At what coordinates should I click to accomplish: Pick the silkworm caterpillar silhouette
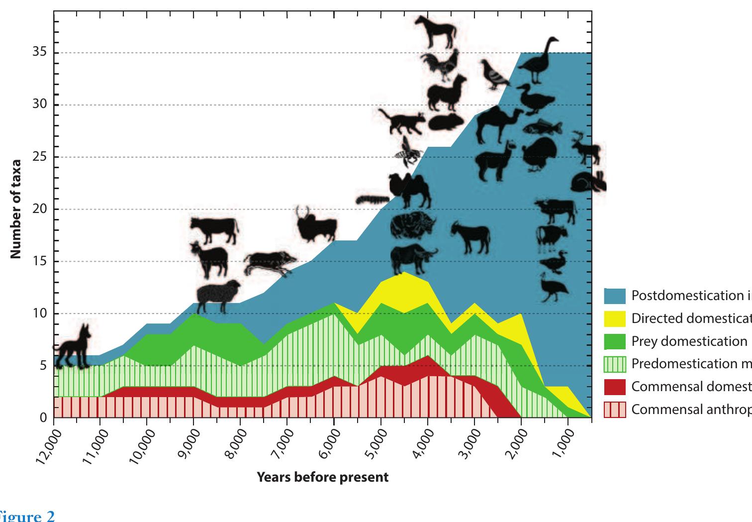coord(372,200)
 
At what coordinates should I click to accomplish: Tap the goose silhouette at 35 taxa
coord(540,60)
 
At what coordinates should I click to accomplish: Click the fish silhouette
coord(542,128)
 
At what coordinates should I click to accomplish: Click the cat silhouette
coord(401,121)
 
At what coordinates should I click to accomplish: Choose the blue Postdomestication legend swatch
coord(615,296)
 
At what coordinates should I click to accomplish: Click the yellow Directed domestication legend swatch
coord(615,318)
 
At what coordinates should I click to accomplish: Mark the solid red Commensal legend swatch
coord(615,387)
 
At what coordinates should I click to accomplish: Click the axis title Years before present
coord(322,478)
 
